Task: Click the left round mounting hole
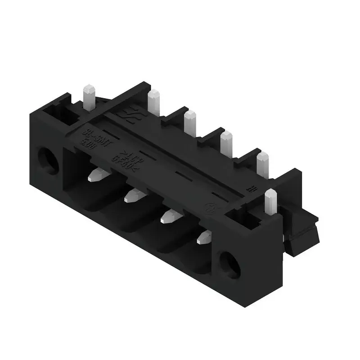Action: tap(48, 160)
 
